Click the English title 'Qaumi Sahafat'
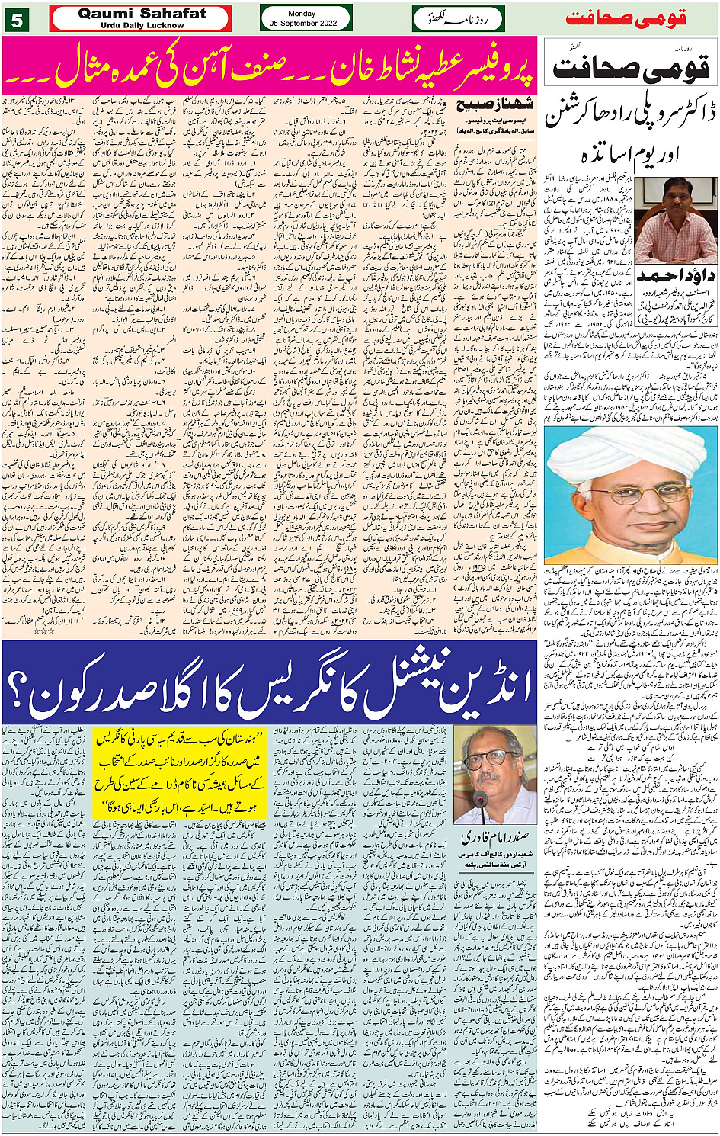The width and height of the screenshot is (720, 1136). tap(142, 14)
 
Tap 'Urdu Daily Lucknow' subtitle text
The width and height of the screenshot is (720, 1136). tap(142, 25)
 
